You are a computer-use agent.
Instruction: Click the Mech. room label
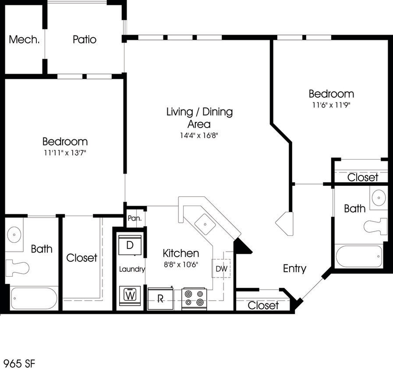pos(25,39)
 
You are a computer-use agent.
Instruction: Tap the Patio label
pos(85,39)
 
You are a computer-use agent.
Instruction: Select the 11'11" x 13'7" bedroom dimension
pos(65,153)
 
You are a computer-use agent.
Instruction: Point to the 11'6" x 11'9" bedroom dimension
pos(331,105)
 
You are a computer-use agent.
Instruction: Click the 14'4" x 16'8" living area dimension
pos(199,135)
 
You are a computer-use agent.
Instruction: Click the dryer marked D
pos(130,245)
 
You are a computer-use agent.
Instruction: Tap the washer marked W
pos(130,295)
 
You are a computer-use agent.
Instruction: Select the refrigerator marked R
pos(161,299)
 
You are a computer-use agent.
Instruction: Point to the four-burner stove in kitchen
pos(194,299)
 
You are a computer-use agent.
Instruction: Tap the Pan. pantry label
pos(133,218)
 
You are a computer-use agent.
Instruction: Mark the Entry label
pos(294,268)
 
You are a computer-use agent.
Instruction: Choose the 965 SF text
pos(19,363)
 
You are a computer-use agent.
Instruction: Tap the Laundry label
pos(132,269)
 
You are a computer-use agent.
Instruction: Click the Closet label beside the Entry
pos(263,305)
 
